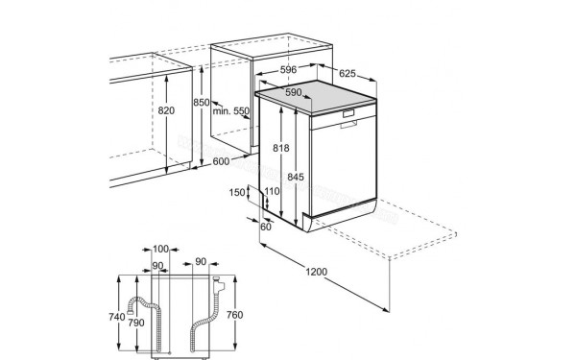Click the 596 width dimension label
(288, 69)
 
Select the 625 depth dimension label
(348, 74)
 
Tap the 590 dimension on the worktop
(294, 92)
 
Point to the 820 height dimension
(166, 110)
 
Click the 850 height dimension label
(202, 102)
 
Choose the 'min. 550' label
(230, 110)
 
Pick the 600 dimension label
(221, 161)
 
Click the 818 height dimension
(280, 148)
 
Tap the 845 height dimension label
(296, 177)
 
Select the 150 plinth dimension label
(236, 192)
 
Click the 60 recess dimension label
(266, 227)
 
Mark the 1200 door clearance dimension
(316, 272)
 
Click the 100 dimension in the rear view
(160, 249)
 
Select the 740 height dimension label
(117, 317)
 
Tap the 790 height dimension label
(136, 323)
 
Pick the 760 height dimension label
(234, 315)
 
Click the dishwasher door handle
(348, 125)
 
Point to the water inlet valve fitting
(219, 284)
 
